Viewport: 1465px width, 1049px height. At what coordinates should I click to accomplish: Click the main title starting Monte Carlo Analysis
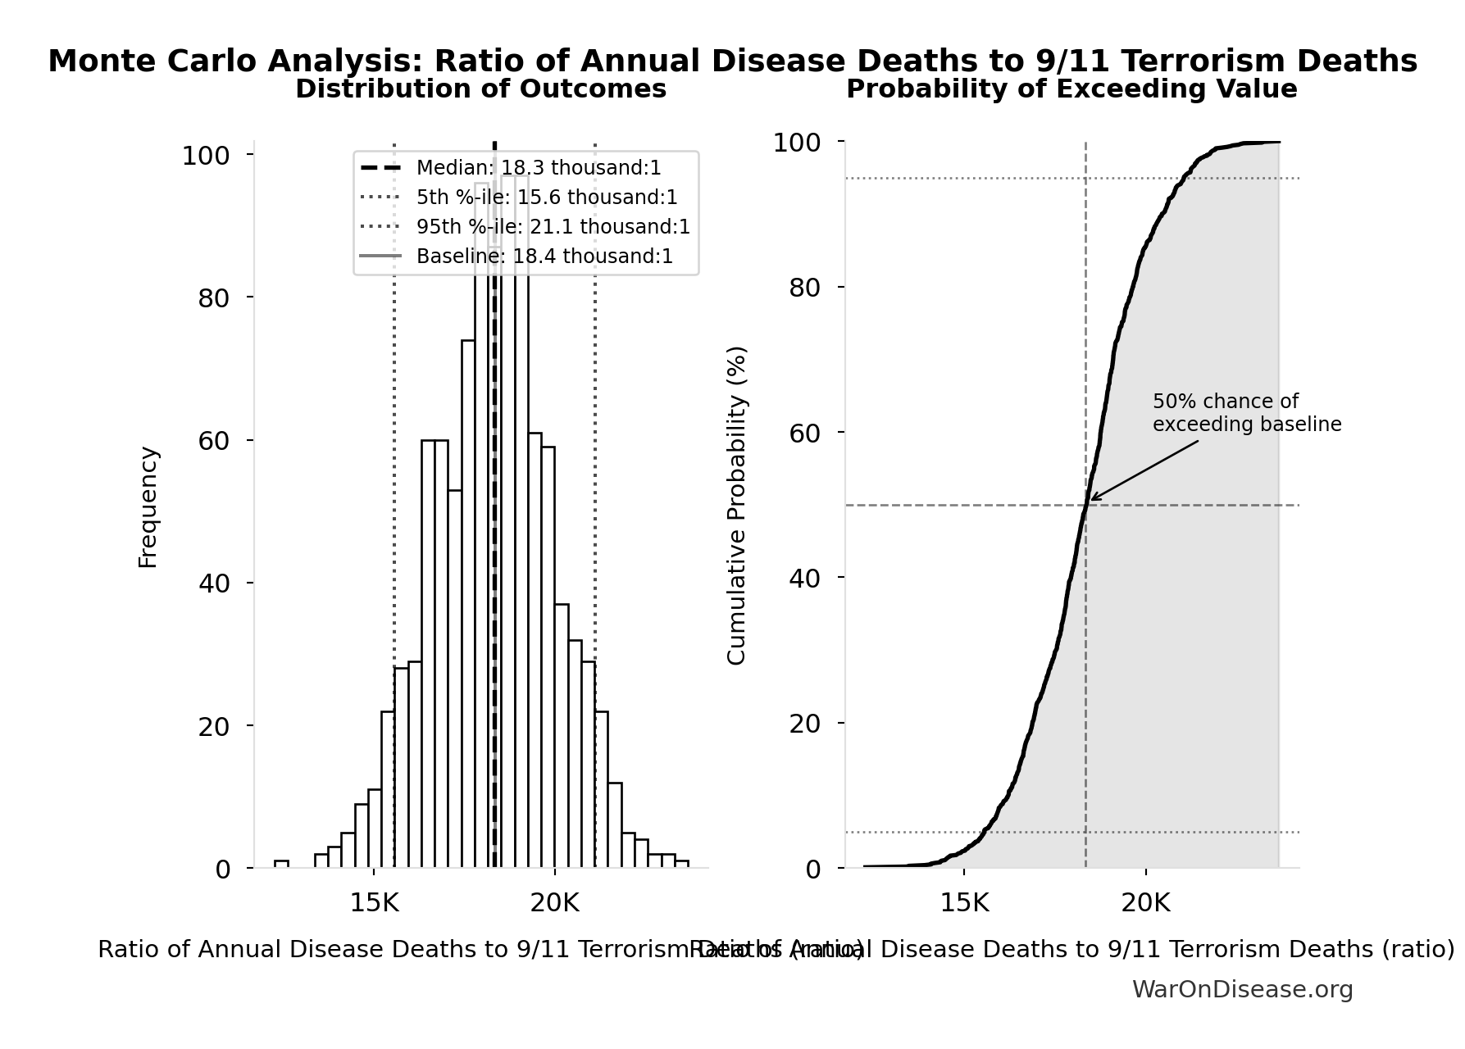tap(732, 61)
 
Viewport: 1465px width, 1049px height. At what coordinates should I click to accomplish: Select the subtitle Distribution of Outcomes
tap(480, 89)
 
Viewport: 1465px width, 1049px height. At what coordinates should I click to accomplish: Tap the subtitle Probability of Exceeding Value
tap(1071, 89)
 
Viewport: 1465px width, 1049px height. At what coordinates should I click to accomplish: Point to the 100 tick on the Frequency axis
tap(205, 156)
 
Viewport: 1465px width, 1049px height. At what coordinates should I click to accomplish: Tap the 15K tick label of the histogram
tap(374, 903)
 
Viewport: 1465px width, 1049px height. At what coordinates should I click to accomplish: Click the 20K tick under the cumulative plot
tap(1145, 903)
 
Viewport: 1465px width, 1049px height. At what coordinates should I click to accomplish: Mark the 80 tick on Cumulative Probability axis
tap(804, 288)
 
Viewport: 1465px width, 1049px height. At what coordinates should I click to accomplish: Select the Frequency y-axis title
tap(148, 506)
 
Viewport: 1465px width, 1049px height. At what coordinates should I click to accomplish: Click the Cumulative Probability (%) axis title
tap(737, 505)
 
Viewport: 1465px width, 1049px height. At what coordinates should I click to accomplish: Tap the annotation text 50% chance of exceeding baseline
tap(1245, 413)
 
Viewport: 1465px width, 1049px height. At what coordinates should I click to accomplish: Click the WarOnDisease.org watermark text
tap(1242, 990)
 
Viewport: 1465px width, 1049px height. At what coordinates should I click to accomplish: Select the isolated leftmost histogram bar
tap(281, 864)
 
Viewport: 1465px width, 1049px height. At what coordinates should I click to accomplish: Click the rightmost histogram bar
tap(681, 864)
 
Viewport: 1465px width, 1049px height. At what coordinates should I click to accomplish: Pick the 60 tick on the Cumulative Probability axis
tap(804, 433)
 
